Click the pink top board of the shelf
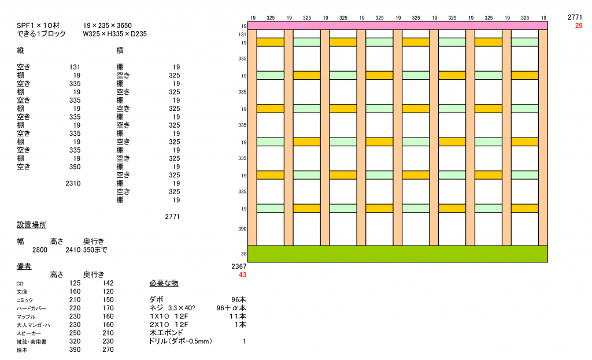click(x=397, y=25)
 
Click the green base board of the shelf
click(x=397, y=254)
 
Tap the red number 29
click(x=579, y=26)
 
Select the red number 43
click(x=242, y=274)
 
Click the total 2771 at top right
click(x=576, y=18)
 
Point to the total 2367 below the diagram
click(x=239, y=266)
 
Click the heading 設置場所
click(x=32, y=225)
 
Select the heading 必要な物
click(x=164, y=283)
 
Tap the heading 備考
click(x=24, y=266)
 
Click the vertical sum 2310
click(x=73, y=183)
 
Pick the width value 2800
click(x=40, y=250)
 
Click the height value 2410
click(x=73, y=250)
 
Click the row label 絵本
click(x=23, y=350)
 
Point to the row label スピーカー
click(x=29, y=333)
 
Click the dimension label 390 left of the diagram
click(x=243, y=229)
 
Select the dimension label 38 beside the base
click(x=243, y=254)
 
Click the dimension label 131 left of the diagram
click(x=243, y=35)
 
